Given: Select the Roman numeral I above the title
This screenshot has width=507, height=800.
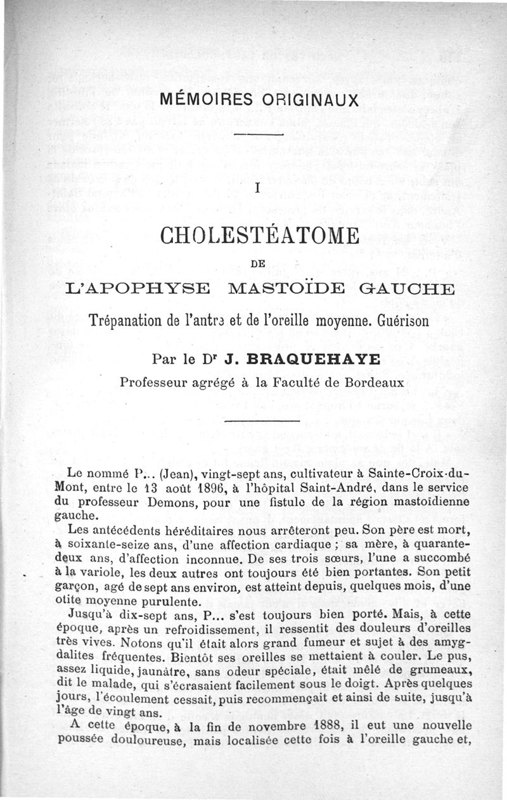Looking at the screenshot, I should point(257,188).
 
